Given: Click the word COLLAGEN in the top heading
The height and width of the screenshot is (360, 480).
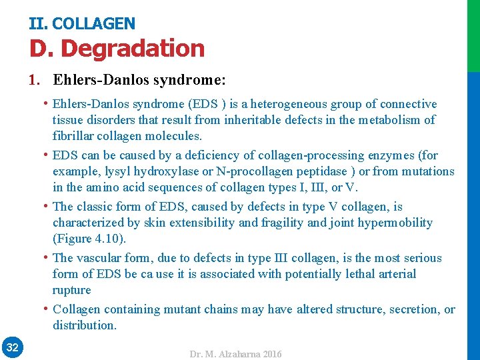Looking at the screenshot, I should (93, 24).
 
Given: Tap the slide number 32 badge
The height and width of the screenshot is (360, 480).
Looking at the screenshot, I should (12, 347).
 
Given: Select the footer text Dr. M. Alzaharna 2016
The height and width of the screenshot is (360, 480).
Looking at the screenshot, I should (236, 354).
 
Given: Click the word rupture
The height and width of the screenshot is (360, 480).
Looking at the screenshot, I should (71, 290).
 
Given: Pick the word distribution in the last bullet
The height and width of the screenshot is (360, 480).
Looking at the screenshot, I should (84, 325).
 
